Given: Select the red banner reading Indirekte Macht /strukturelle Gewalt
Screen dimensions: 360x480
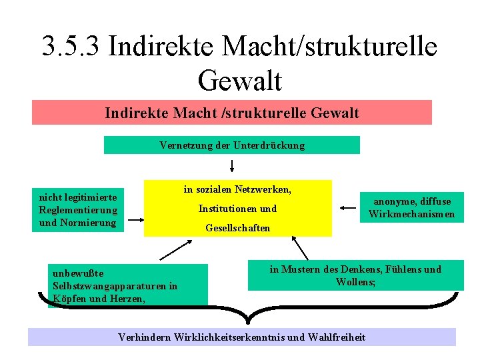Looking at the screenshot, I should pos(232,113).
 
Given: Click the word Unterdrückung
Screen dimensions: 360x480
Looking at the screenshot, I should pos(275,145).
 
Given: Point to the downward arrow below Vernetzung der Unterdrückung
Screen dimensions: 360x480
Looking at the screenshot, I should pos(233,165).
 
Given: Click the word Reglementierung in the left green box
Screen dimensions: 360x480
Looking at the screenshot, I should pos(78,210).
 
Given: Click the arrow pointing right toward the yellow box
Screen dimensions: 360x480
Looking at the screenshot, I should pos(135,219).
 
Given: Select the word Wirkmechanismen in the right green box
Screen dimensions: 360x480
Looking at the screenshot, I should pos(411,214).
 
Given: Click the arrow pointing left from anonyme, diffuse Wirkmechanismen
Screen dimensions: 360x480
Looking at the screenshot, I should pos(347,208).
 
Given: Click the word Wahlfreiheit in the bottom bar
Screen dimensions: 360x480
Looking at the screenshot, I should pos(337,337).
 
